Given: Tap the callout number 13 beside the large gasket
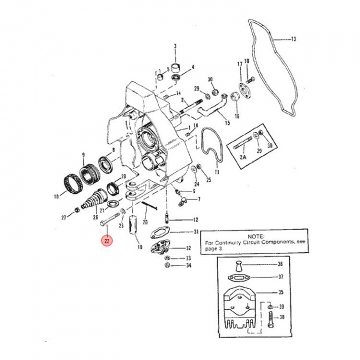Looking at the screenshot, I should [293, 38].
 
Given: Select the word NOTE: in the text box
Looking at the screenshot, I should [255, 235].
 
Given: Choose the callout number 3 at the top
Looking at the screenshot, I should [175, 46].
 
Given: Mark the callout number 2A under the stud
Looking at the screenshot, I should [243, 156].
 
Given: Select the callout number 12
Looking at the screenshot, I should [195, 219].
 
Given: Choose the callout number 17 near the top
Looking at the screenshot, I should [239, 64].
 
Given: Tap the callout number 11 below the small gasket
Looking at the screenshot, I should [216, 171].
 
